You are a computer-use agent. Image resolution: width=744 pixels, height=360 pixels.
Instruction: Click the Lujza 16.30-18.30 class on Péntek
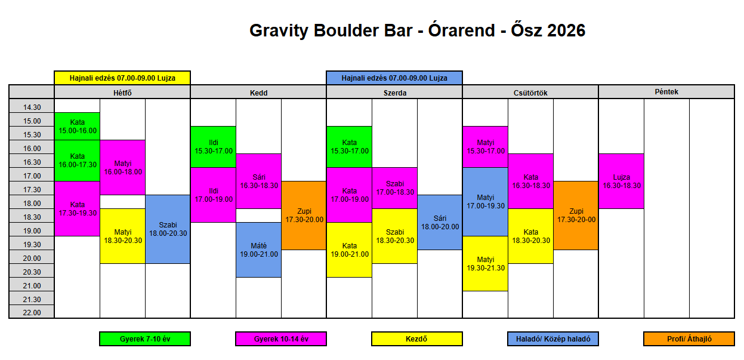[621, 181]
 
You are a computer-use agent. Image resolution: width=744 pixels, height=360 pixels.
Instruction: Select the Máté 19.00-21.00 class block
[258, 250]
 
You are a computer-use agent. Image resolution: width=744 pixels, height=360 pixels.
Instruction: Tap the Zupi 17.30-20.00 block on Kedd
[304, 216]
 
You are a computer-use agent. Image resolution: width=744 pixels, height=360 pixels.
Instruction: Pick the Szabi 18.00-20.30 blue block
[168, 229]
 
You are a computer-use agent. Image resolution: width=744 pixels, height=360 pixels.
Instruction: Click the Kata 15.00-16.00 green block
[77, 127]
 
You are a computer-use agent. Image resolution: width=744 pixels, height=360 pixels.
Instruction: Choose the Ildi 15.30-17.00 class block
[213, 147]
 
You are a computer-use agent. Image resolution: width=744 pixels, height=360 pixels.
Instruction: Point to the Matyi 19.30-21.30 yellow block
[485, 264]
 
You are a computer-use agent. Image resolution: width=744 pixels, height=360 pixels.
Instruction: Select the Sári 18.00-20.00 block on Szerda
[440, 222]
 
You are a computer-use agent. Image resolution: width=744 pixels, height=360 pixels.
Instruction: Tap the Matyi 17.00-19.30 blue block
[485, 202]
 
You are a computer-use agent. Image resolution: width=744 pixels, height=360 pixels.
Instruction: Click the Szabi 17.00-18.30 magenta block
[394, 188]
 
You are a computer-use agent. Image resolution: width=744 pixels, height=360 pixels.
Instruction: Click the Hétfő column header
[122, 92]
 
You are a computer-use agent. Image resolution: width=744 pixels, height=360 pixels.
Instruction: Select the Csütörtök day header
[530, 92]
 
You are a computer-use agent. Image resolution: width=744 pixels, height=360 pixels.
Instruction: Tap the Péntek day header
[666, 92]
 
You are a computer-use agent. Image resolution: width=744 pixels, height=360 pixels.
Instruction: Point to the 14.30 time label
[32, 106]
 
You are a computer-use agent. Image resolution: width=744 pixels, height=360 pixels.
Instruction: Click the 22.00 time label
[32, 312]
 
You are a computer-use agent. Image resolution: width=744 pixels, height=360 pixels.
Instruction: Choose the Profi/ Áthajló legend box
[689, 339]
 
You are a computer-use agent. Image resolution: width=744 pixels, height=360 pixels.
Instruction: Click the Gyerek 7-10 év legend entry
[145, 339]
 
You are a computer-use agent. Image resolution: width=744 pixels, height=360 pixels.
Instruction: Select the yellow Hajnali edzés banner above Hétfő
[122, 78]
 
